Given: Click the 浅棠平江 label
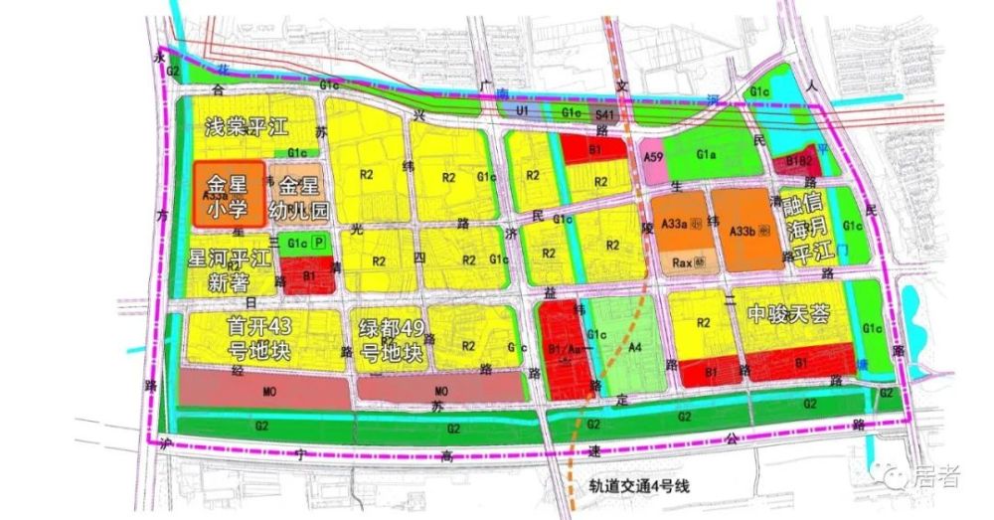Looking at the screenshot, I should [x=245, y=127].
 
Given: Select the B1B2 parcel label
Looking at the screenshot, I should [x=799, y=160].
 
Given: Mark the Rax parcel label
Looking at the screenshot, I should [x=682, y=263].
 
